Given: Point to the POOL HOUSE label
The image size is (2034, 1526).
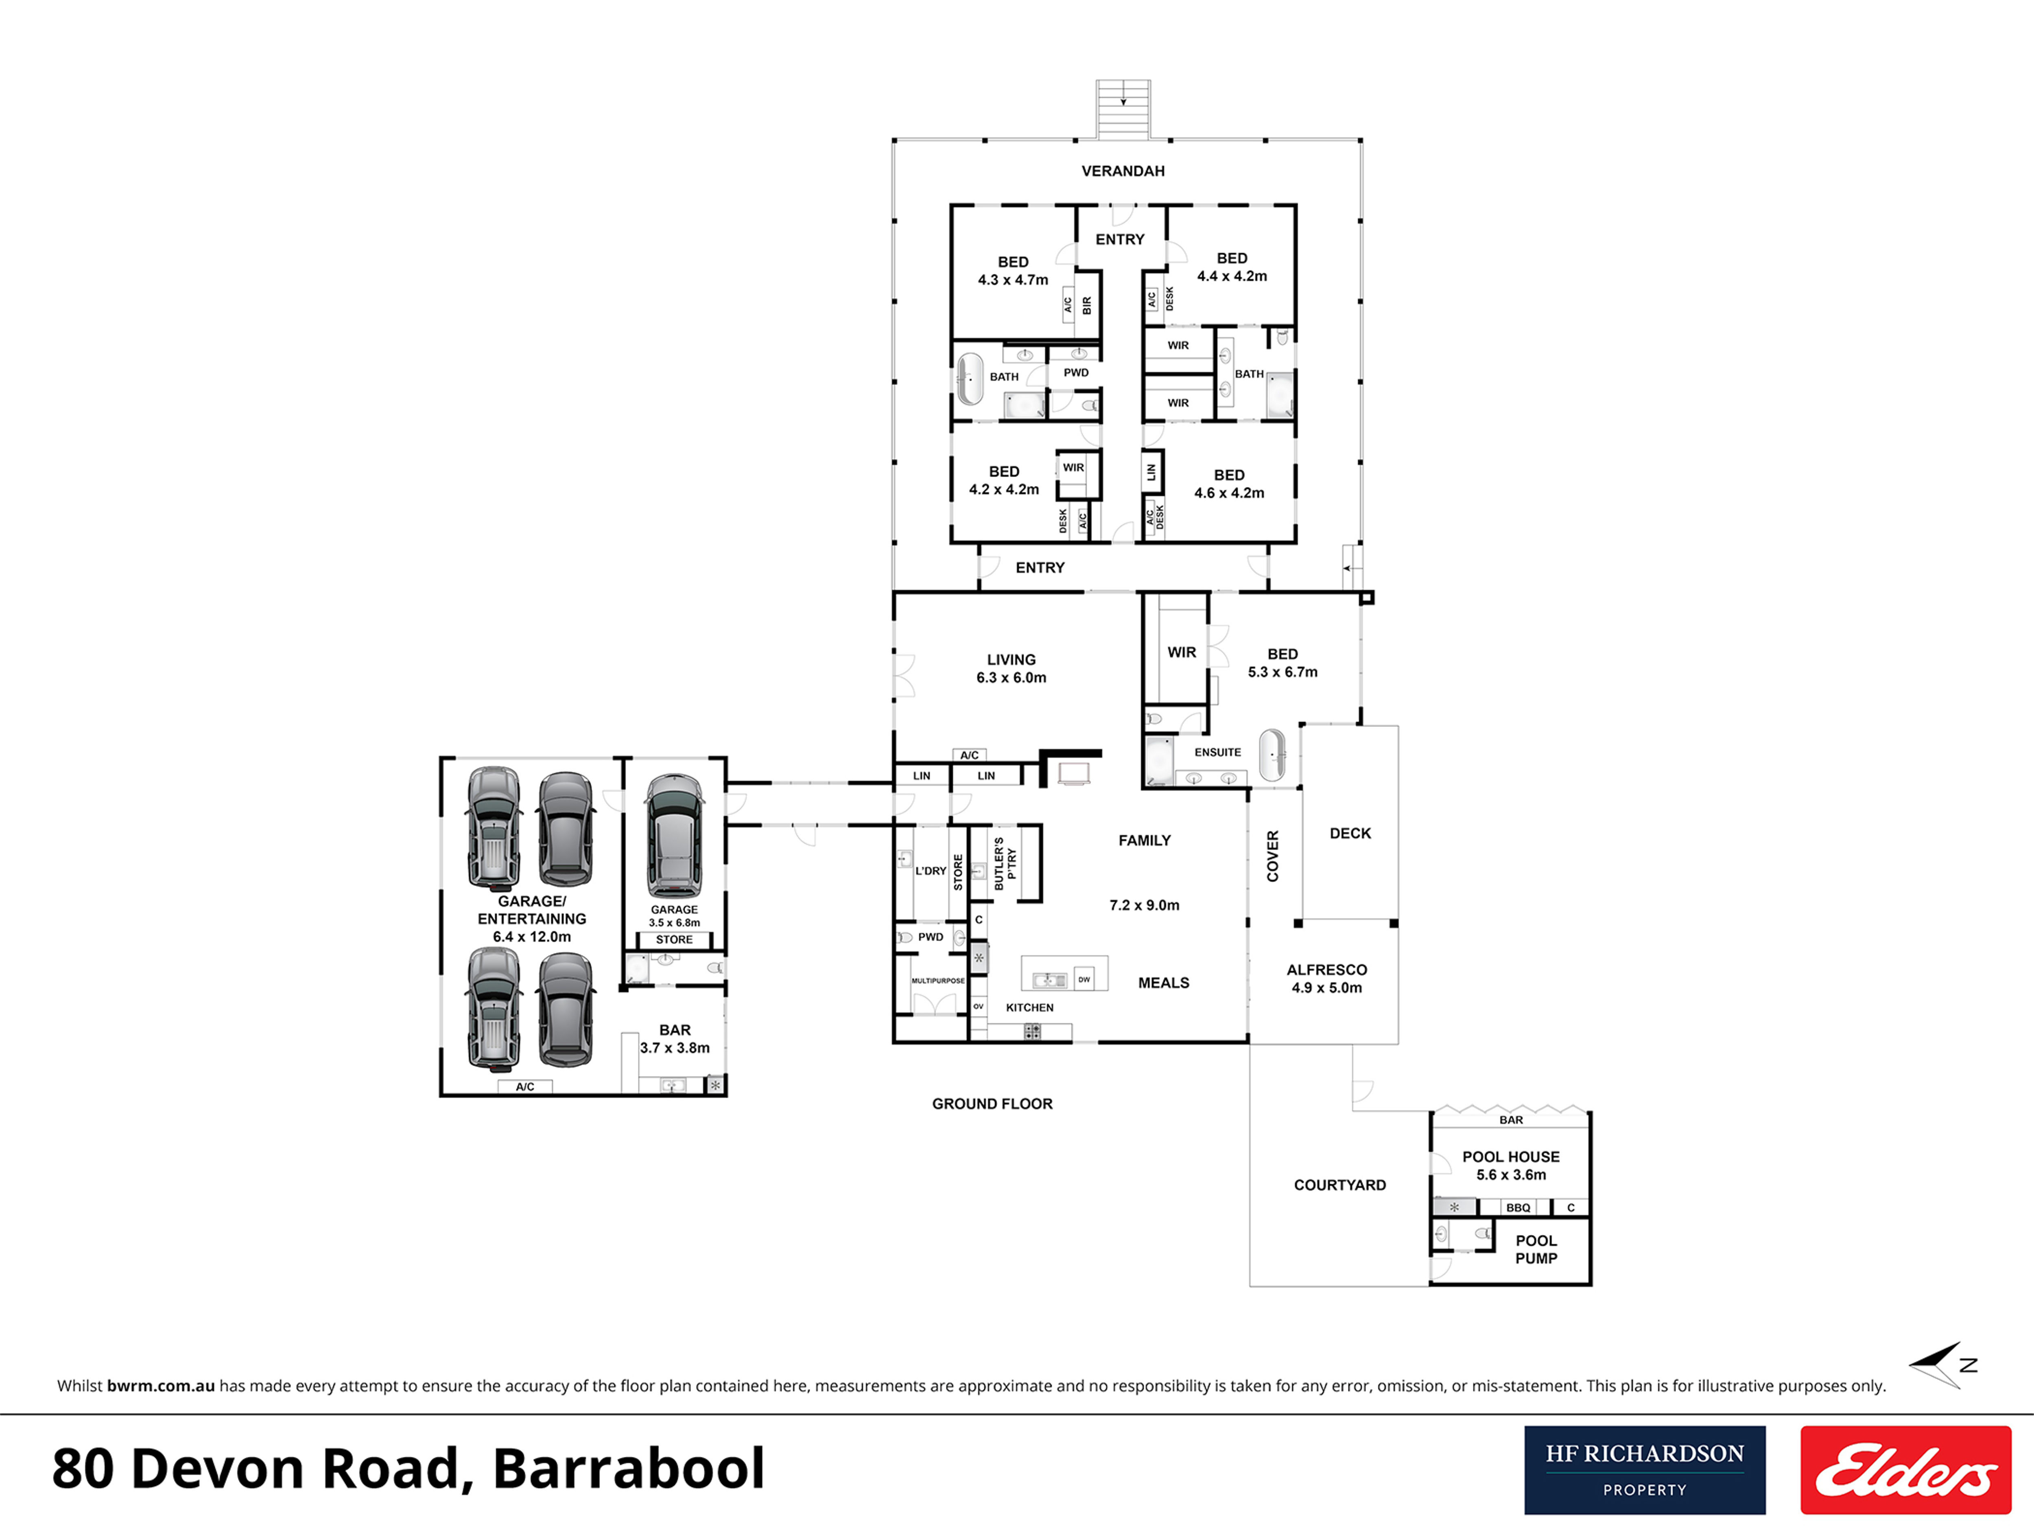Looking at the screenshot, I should coord(1511,1165).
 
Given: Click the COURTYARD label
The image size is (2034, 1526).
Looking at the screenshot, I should coord(1340,1185).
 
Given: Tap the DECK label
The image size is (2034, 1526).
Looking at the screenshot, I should coord(1350,833).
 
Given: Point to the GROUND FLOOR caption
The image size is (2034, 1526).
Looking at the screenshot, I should coord(992,1104).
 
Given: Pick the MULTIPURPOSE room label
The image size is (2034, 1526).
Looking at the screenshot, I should coord(938,981).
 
